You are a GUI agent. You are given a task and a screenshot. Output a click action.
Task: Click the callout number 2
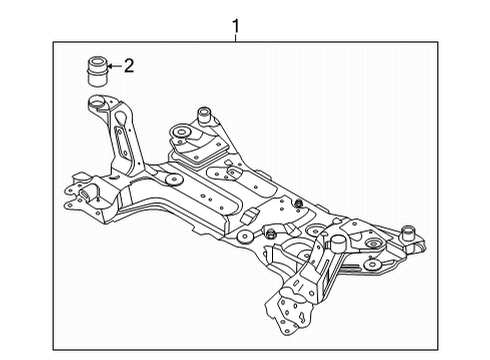coord(128,67)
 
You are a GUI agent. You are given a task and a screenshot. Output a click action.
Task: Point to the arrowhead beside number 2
coord(110,68)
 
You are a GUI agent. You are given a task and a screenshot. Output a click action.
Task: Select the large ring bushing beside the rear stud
coord(183,130)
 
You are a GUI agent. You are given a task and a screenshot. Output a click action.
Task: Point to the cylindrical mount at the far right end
coord(408,235)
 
